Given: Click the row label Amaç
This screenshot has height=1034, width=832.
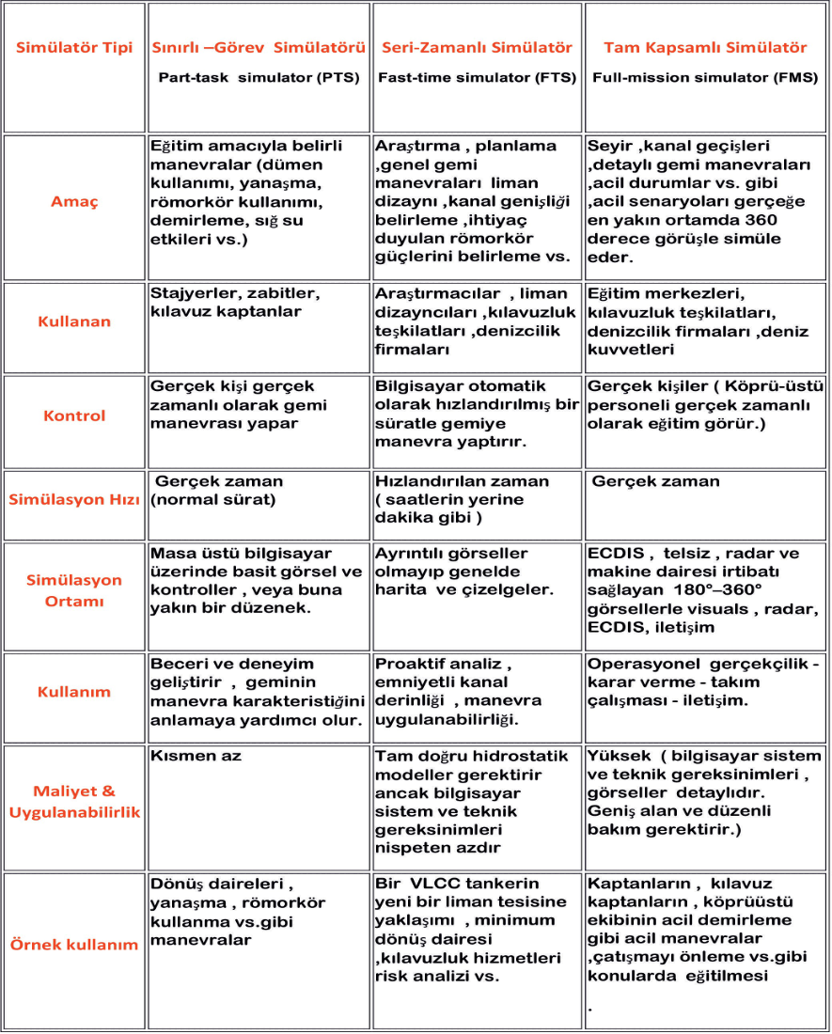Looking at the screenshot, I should pyautogui.click(x=74, y=201).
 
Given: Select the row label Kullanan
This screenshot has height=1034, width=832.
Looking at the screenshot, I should pyautogui.click(x=74, y=321).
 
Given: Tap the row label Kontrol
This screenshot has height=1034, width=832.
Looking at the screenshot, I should pyautogui.click(x=74, y=415).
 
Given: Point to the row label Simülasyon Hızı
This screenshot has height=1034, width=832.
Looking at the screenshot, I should pyautogui.click(x=74, y=499).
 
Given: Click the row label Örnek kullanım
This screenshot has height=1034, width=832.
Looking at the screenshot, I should pyautogui.click(x=74, y=944).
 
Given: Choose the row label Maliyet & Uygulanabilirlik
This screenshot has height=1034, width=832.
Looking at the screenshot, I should pyautogui.click(x=74, y=801).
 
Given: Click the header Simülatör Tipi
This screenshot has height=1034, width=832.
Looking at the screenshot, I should pyautogui.click(x=74, y=47).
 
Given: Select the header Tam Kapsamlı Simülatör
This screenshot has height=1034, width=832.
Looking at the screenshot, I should pyautogui.click(x=705, y=47).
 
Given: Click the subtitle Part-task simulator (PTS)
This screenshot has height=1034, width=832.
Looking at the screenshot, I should pyautogui.click(x=259, y=78).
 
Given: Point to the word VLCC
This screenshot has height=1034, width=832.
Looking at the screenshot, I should pyautogui.click(x=431, y=884).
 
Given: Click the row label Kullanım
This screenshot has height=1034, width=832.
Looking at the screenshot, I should pyautogui.click(x=74, y=692).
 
